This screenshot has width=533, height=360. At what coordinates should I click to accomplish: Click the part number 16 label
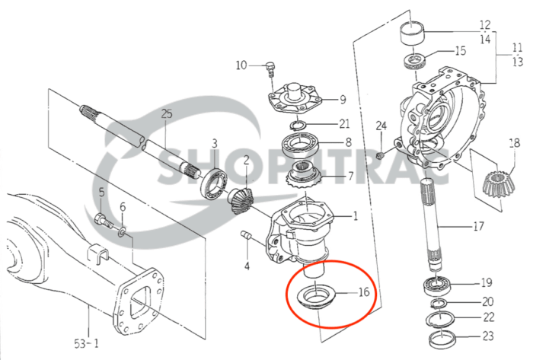click(x=363, y=291)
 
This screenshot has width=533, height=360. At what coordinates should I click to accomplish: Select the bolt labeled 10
click(x=268, y=69)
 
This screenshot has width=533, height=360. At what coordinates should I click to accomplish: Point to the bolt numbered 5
click(x=102, y=221)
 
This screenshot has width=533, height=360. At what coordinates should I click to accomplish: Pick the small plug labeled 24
click(x=380, y=155)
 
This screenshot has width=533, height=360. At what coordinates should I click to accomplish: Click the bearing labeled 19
click(x=439, y=287)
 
